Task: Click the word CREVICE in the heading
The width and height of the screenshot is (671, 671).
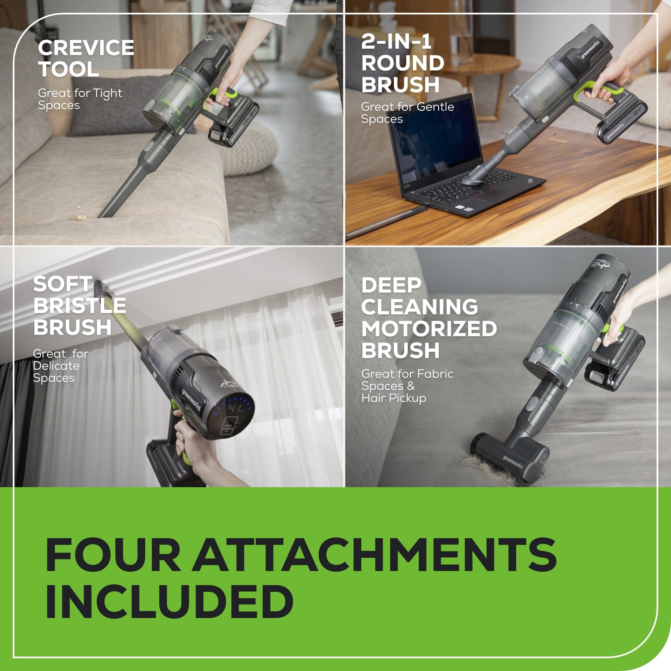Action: (x=86, y=48)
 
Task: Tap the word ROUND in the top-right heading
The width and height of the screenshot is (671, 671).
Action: (x=403, y=63)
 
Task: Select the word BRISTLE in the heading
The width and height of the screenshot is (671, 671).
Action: (x=80, y=306)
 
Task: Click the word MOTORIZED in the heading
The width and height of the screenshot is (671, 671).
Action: (x=429, y=328)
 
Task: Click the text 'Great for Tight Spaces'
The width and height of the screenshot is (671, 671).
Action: (x=80, y=99)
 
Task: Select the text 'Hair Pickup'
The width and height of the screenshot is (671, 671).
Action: (x=394, y=398)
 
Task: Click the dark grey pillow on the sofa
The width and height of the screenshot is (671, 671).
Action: (x=115, y=104)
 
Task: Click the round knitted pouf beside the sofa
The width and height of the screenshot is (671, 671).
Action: (x=254, y=149)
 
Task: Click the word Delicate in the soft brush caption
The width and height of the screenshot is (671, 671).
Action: (x=56, y=366)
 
